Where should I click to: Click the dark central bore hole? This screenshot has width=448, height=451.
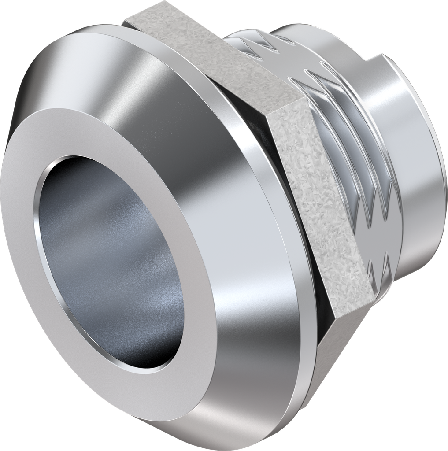110,264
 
